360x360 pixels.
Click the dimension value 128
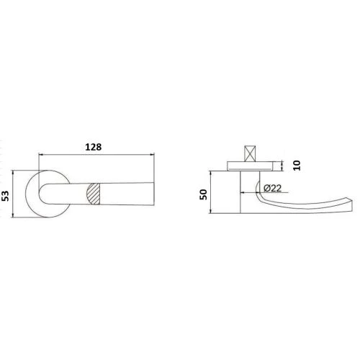(x=94, y=147)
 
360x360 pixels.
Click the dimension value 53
(x=5, y=196)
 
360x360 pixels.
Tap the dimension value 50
(x=204, y=194)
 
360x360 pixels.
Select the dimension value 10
(x=297, y=166)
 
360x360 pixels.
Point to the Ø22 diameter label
(x=272, y=188)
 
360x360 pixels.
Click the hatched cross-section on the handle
(x=93, y=194)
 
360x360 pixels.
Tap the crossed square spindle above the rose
(x=250, y=154)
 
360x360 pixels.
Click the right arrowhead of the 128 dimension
(x=152, y=155)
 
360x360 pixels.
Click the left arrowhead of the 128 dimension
(x=41, y=155)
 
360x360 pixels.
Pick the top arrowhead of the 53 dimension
(x=13, y=173)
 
